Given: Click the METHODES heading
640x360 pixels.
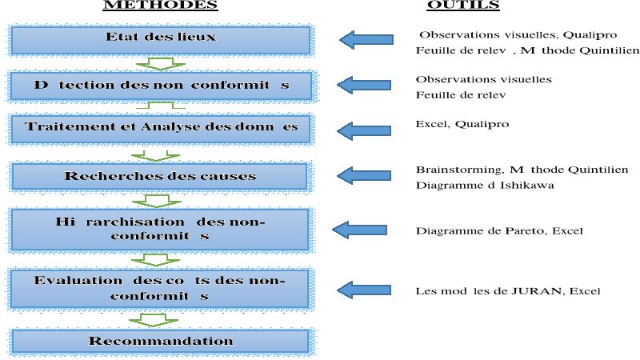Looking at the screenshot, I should pos(161,5).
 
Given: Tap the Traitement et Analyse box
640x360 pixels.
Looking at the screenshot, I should pos(161,128).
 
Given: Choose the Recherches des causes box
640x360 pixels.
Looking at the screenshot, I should pos(161,176).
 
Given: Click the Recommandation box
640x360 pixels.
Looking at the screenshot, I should pos(161,342).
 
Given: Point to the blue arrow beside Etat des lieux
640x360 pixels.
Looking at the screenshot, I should pos(366,39).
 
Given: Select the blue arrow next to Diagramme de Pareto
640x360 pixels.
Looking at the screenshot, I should pos(359,230).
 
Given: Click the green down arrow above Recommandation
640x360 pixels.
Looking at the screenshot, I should pos(154,318).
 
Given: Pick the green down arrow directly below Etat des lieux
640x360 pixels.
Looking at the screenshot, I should pos(154,63).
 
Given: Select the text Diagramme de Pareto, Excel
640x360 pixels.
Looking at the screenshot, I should pos(499,231).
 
